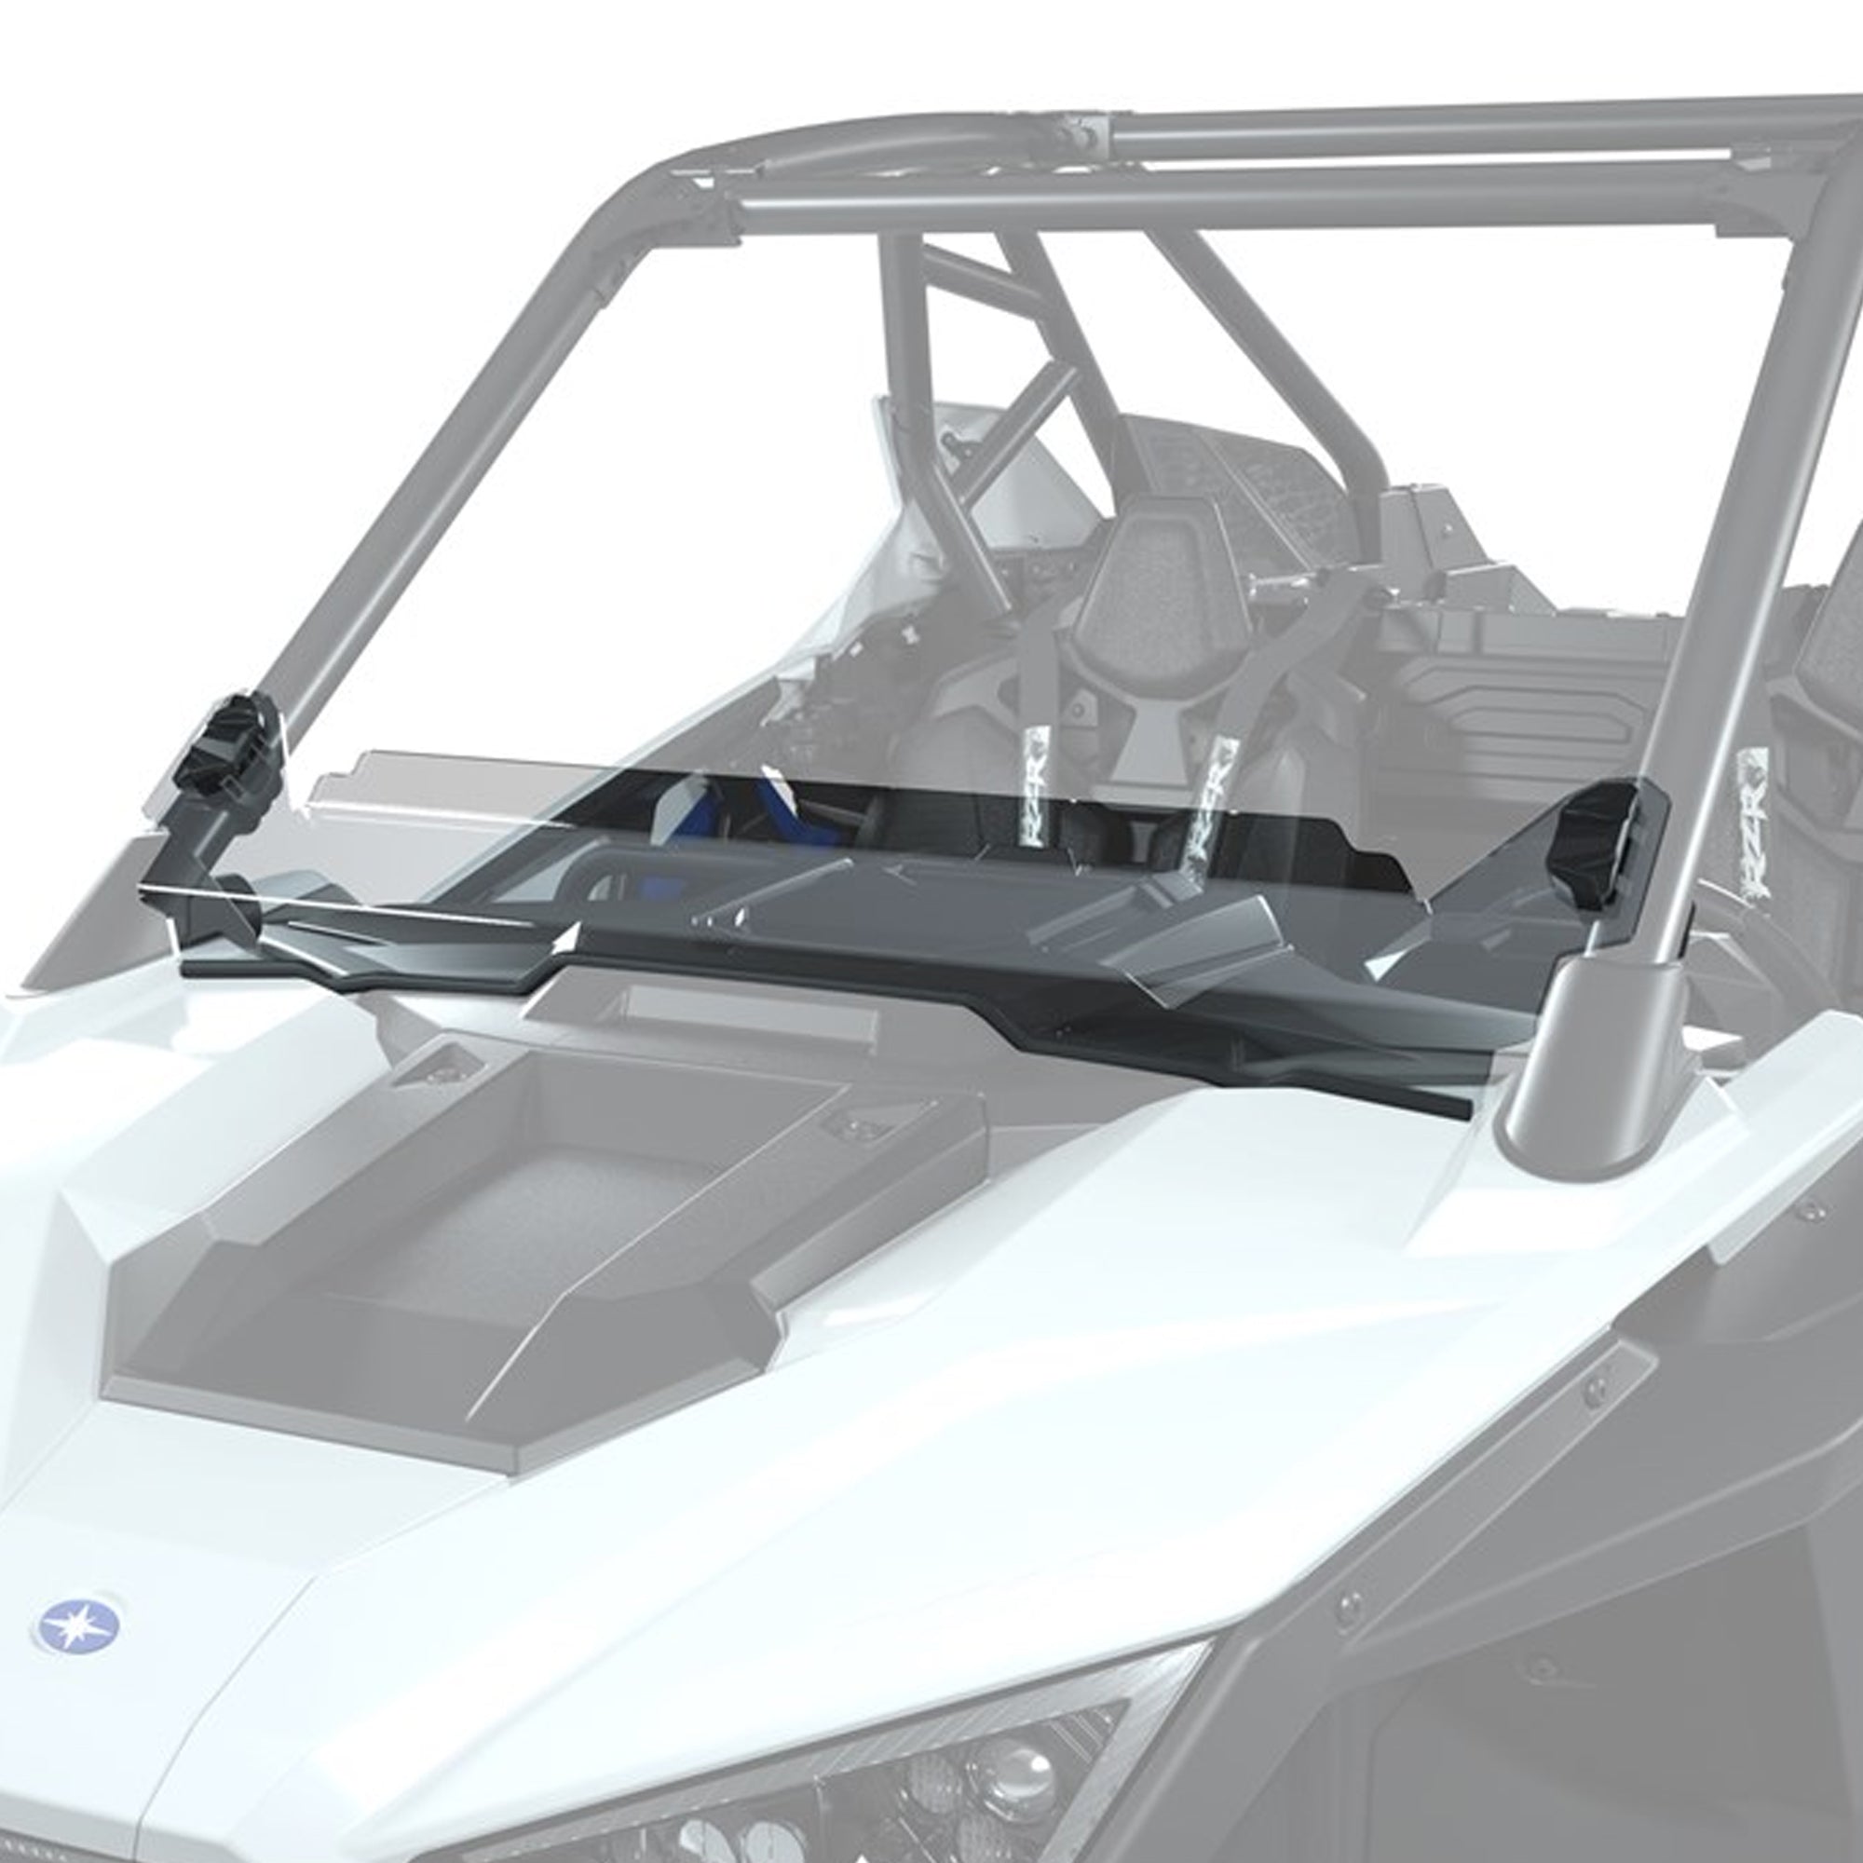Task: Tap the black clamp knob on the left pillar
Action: [231, 742]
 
